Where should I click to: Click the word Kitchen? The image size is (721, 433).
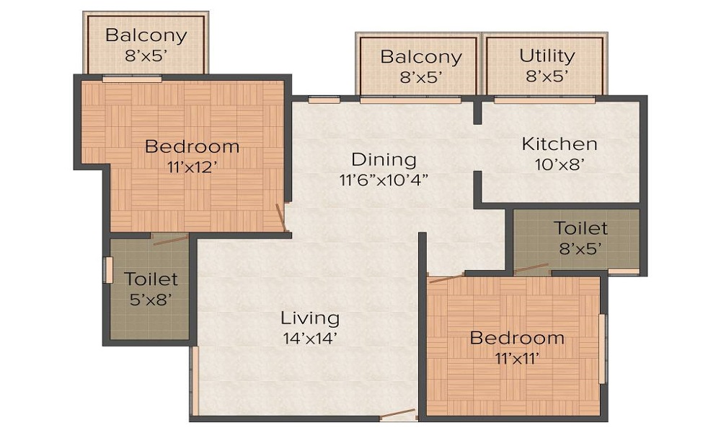[559, 144]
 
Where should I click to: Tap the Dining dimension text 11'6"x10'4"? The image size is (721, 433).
[384, 180]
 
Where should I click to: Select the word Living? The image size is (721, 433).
[310, 318]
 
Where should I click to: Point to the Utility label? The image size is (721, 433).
[547, 56]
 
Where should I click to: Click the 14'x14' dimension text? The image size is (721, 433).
[310, 338]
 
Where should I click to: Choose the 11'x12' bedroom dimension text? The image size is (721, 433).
[192, 166]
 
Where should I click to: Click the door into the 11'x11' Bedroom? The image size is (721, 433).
[446, 277]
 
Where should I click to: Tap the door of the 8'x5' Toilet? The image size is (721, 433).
[531, 269]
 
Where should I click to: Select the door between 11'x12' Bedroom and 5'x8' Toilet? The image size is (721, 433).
[171, 239]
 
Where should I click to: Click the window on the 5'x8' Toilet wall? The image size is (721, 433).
[109, 270]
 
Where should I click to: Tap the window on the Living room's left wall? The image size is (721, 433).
[193, 380]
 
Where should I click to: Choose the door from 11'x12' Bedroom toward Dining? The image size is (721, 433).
[282, 218]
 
